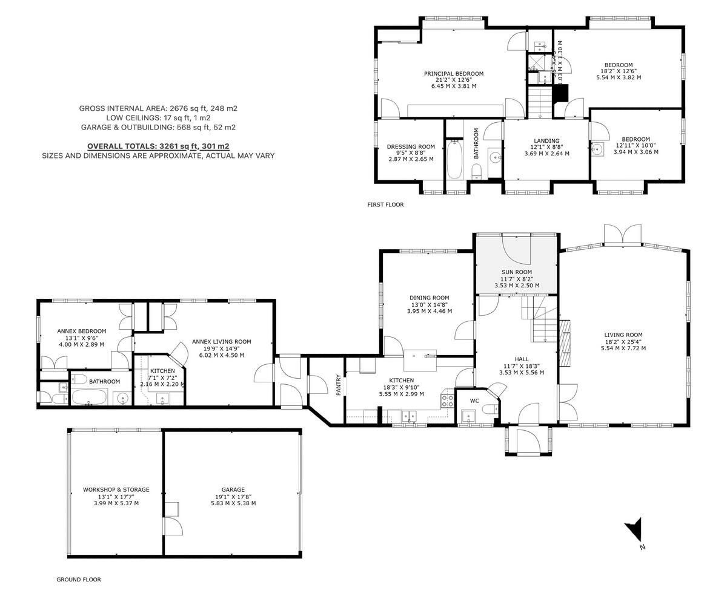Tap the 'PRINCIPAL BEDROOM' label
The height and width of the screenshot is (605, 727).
pyautogui.click(x=453, y=74)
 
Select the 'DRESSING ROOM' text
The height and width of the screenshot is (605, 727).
pyautogui.click(x=411, y=146)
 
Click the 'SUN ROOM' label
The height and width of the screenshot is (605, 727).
pyautogui.click(x=516, y=272)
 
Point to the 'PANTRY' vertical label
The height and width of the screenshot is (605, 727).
pyautogui.click(x=339, y=385)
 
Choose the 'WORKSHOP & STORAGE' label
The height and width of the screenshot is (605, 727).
pyautogui.click(x=116, y=489)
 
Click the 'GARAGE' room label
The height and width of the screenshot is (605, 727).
pyautogui.click(x=233, y=489)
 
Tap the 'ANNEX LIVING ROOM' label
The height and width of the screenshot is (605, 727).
pyautogui.click(x=221, y=342)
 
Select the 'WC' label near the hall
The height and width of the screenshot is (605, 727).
pyautogui.click(x=474, y=401)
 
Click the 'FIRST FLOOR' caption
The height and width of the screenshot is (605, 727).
pyautogui.click(x=385, y=205)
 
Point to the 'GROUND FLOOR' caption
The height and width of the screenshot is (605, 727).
pyautogui.click(x=79, y=580)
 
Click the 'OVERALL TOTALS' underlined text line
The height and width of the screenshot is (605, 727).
pyautogui.click(x=158, y=146)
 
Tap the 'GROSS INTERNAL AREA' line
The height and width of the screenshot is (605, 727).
pyautogui.click(x=158, y=108)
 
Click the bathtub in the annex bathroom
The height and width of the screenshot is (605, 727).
pyautogui.click(x=90, y=397)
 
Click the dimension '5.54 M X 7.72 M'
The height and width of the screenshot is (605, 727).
pyautogui.click(x=623, y=348)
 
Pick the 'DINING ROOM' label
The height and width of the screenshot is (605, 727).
pyautogui.click(x=429, y=298)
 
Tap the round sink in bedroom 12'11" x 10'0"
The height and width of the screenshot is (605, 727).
pyautogui.click(x=598, y=149)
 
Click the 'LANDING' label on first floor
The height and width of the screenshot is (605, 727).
pyautogui.click(x=546, y=141)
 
